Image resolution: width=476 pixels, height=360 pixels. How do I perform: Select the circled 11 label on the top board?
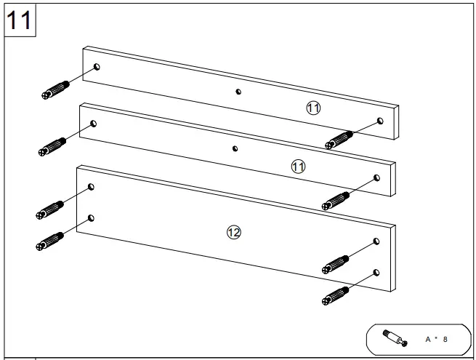[x=313, y=108]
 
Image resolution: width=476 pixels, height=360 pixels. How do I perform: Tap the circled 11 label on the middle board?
[x=298, y=167]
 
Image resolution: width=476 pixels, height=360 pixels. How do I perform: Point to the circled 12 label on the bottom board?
[x=233, y=232]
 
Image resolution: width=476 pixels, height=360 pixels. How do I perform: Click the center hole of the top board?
[x=238, y=92]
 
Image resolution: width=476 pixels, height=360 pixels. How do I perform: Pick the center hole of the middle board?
[x=235, y=148]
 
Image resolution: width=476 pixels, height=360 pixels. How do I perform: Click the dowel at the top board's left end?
[x=55, y=91]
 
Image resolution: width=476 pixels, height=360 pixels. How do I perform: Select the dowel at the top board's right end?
[x=339, y=139]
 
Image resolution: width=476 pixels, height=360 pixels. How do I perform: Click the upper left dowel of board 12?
[x=50, y=209]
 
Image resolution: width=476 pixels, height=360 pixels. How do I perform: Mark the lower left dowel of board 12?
[x=50, y=241]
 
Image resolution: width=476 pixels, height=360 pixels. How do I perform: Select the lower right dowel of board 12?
[x=335, y=295]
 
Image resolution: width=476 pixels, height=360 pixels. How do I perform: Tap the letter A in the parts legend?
[x=428, y=340]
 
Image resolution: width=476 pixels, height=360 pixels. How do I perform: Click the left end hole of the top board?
[x=97, y=67]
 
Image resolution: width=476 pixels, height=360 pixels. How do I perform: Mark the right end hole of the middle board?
[x=376, y=177]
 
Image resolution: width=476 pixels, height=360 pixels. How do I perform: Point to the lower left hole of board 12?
[x=91, y=217]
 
